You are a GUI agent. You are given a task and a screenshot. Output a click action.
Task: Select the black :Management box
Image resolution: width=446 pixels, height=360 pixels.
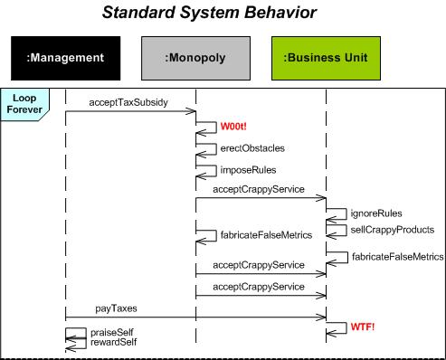click(x=65, y=59)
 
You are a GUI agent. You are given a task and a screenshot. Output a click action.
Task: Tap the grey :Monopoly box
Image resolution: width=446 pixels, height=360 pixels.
click(x=195, y=59)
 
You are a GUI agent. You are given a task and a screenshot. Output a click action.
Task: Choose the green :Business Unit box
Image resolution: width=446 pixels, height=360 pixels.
click(x=326, y=59)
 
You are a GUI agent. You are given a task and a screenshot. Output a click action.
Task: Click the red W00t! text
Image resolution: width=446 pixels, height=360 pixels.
click(x=235, y=128)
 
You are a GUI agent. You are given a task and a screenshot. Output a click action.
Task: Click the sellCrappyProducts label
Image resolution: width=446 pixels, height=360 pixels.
click(x=393, y=230)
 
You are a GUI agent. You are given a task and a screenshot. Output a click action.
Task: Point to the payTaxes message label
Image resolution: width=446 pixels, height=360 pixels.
click(x=118, y=308)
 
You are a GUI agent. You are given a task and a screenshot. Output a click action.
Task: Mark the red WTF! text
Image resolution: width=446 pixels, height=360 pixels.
click(x=363, y=325)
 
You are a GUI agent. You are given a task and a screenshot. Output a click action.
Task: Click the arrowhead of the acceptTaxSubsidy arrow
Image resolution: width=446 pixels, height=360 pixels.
click(x=193, y=112)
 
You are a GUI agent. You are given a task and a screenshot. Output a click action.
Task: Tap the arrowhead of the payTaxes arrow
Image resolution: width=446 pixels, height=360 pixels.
click(x=322, y=317)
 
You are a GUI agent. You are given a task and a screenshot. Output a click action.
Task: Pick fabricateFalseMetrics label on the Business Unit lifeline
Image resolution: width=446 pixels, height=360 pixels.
click(x=398, y=257)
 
